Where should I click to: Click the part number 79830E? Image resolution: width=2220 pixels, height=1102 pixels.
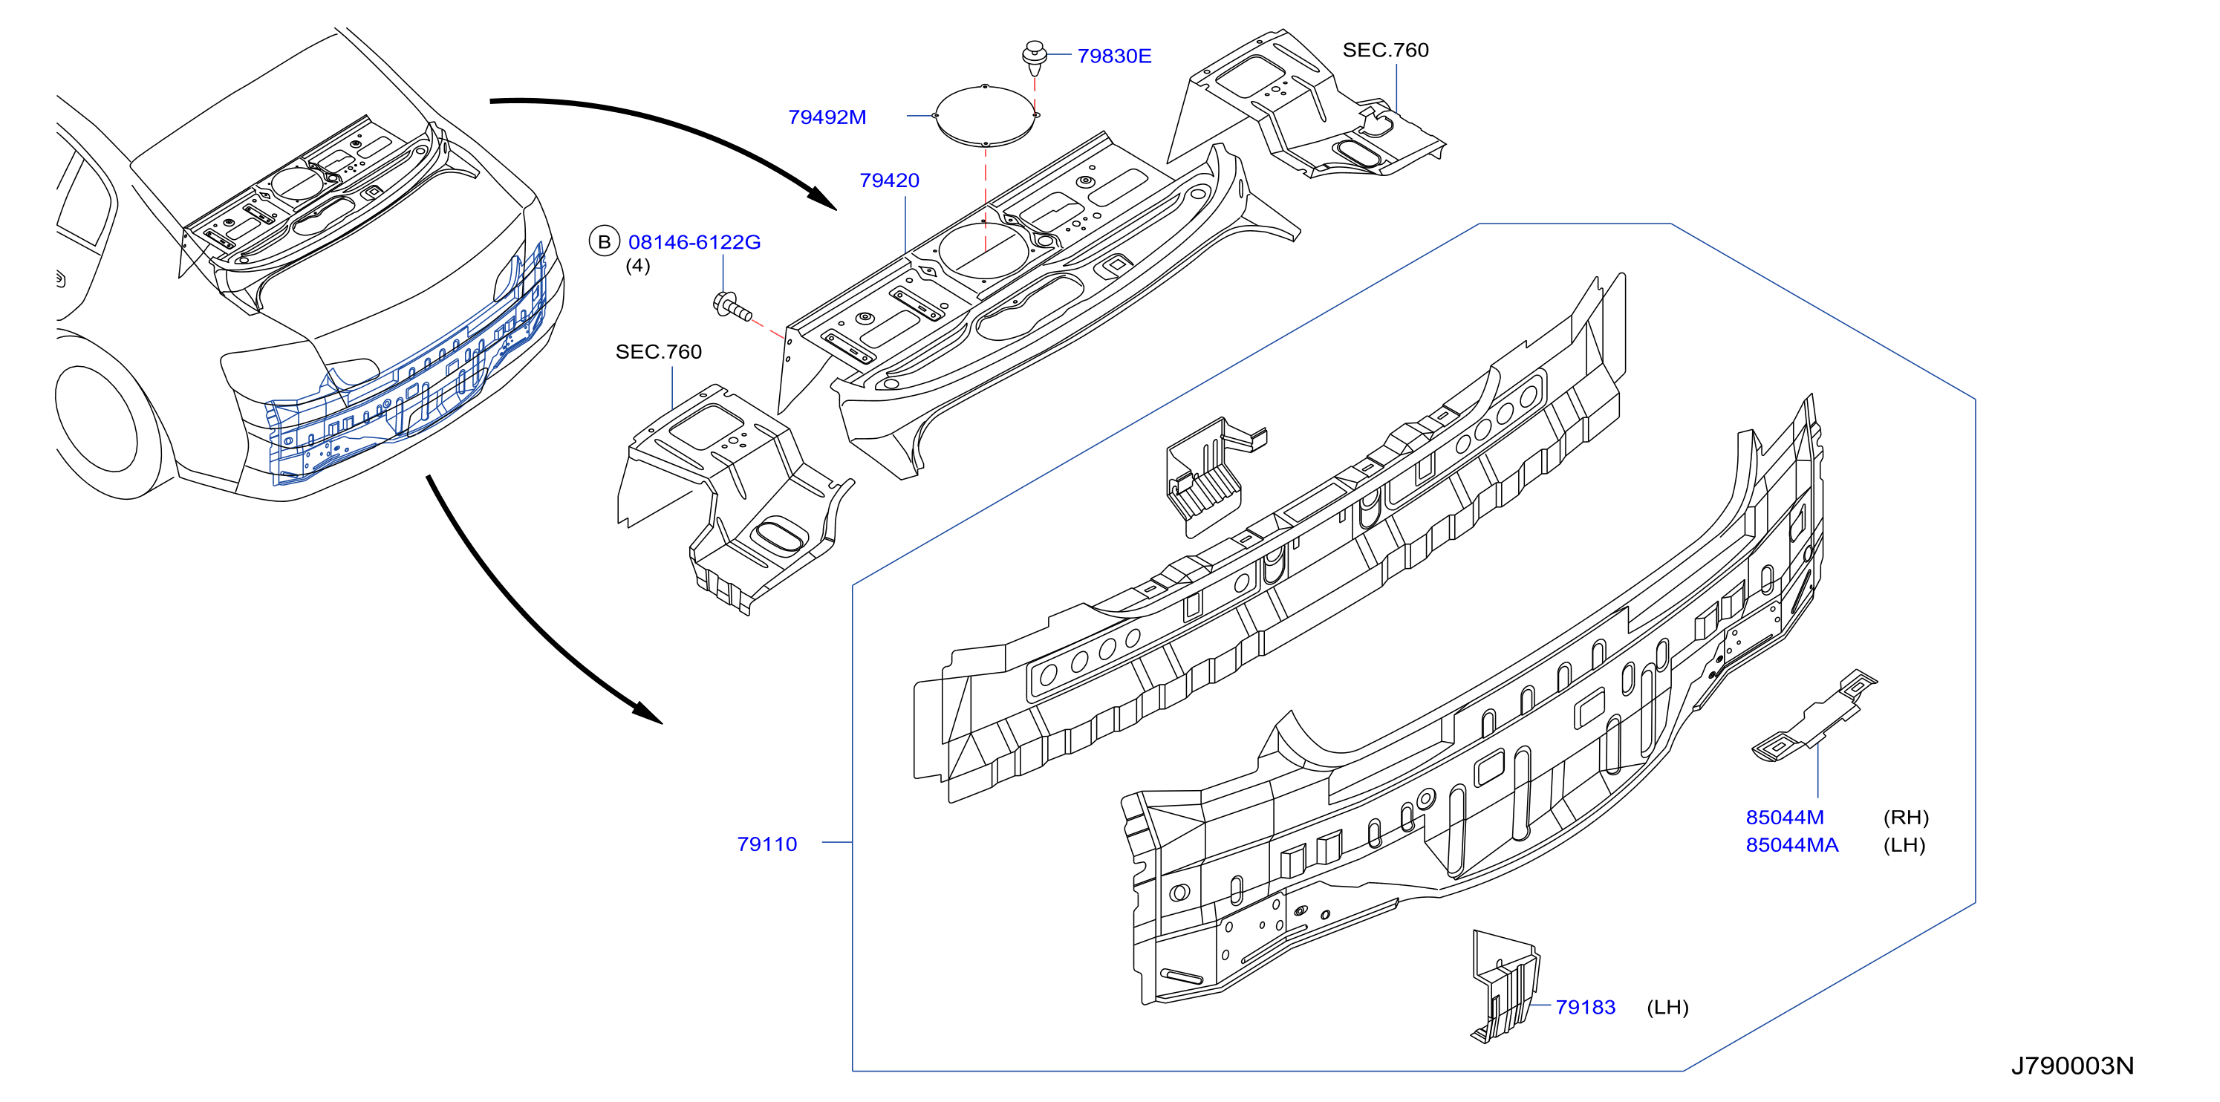click(x=1113, y=56)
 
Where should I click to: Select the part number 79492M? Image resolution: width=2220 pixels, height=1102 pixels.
click(x=827, y=117)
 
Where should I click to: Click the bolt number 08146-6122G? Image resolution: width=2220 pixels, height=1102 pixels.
click(x=694, y=242)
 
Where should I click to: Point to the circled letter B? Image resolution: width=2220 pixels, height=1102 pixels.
click(x=604, y=242)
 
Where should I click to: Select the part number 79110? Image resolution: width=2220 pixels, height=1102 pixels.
click(x=767, y=844)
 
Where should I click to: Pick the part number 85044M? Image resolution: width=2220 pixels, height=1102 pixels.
click(x=1785, y=818)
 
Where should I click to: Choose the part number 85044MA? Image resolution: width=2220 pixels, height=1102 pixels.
click(x=1791, y=845)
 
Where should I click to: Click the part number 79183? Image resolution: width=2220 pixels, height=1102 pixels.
click(x=1585, y=1007)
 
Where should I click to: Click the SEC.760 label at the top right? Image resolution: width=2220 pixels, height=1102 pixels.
click(x=1385, y=50)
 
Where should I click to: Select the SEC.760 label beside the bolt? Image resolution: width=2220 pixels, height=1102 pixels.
click(x=658, y=351)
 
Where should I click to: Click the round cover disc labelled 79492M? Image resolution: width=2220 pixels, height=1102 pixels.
click(x=985, y=115)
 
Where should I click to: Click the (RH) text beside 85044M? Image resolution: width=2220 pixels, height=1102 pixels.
click(x=1905, y=818)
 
